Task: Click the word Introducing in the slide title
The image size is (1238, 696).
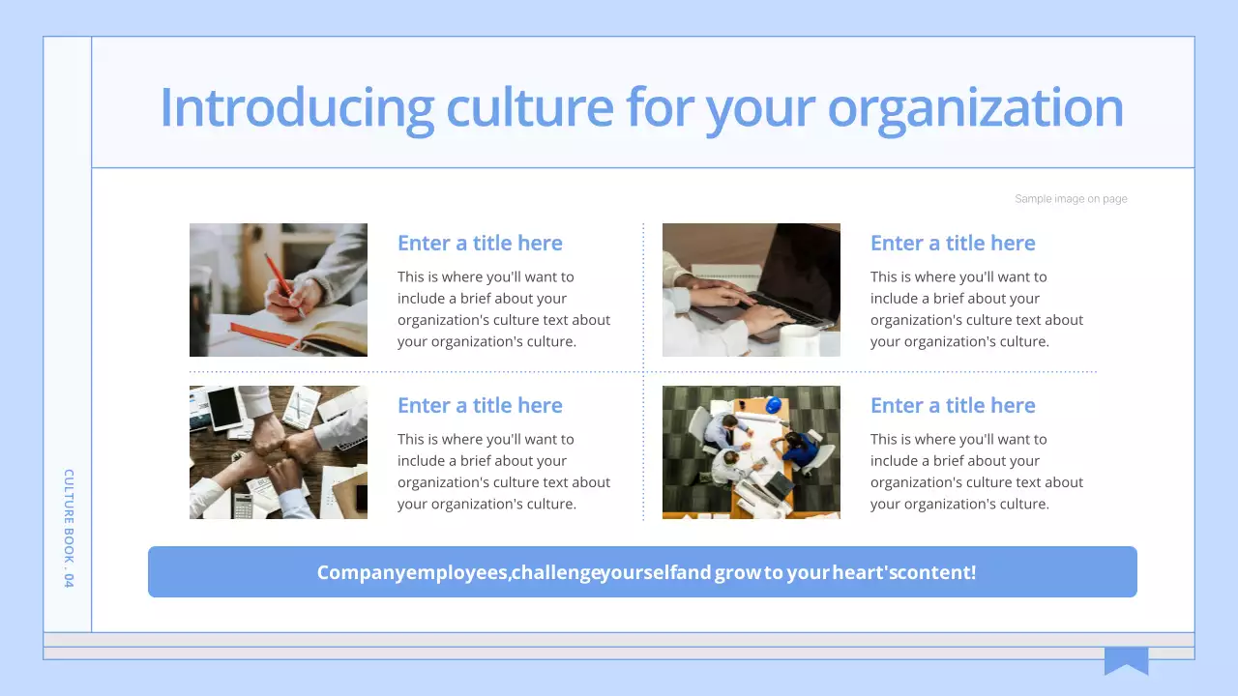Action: pos(296,107)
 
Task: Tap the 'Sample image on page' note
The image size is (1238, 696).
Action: pos(1071,199)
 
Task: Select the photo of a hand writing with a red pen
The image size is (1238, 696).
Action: pos(279,290)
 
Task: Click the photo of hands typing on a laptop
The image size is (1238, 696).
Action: pos(752,290)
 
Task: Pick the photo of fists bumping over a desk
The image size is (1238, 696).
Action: pos(279,452)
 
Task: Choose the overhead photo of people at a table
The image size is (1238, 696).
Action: pos(752,452)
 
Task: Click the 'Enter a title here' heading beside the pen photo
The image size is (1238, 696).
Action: pos(480,244)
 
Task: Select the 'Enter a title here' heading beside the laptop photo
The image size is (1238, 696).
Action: pos(953,244)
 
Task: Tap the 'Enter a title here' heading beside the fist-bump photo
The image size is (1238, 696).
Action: pos(480,406)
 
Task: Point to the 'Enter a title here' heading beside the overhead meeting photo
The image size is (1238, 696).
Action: pos(953,406)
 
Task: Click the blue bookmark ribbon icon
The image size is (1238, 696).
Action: pos(1126,660)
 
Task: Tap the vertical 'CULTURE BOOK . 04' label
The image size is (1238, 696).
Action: pos(69,528)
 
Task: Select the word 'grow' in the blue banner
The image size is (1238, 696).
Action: pos(737,572)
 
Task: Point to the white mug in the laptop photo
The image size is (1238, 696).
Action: pos(799,339)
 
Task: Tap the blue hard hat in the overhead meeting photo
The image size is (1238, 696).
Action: pos(772,406)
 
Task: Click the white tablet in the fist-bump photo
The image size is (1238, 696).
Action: pos(223,408)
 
